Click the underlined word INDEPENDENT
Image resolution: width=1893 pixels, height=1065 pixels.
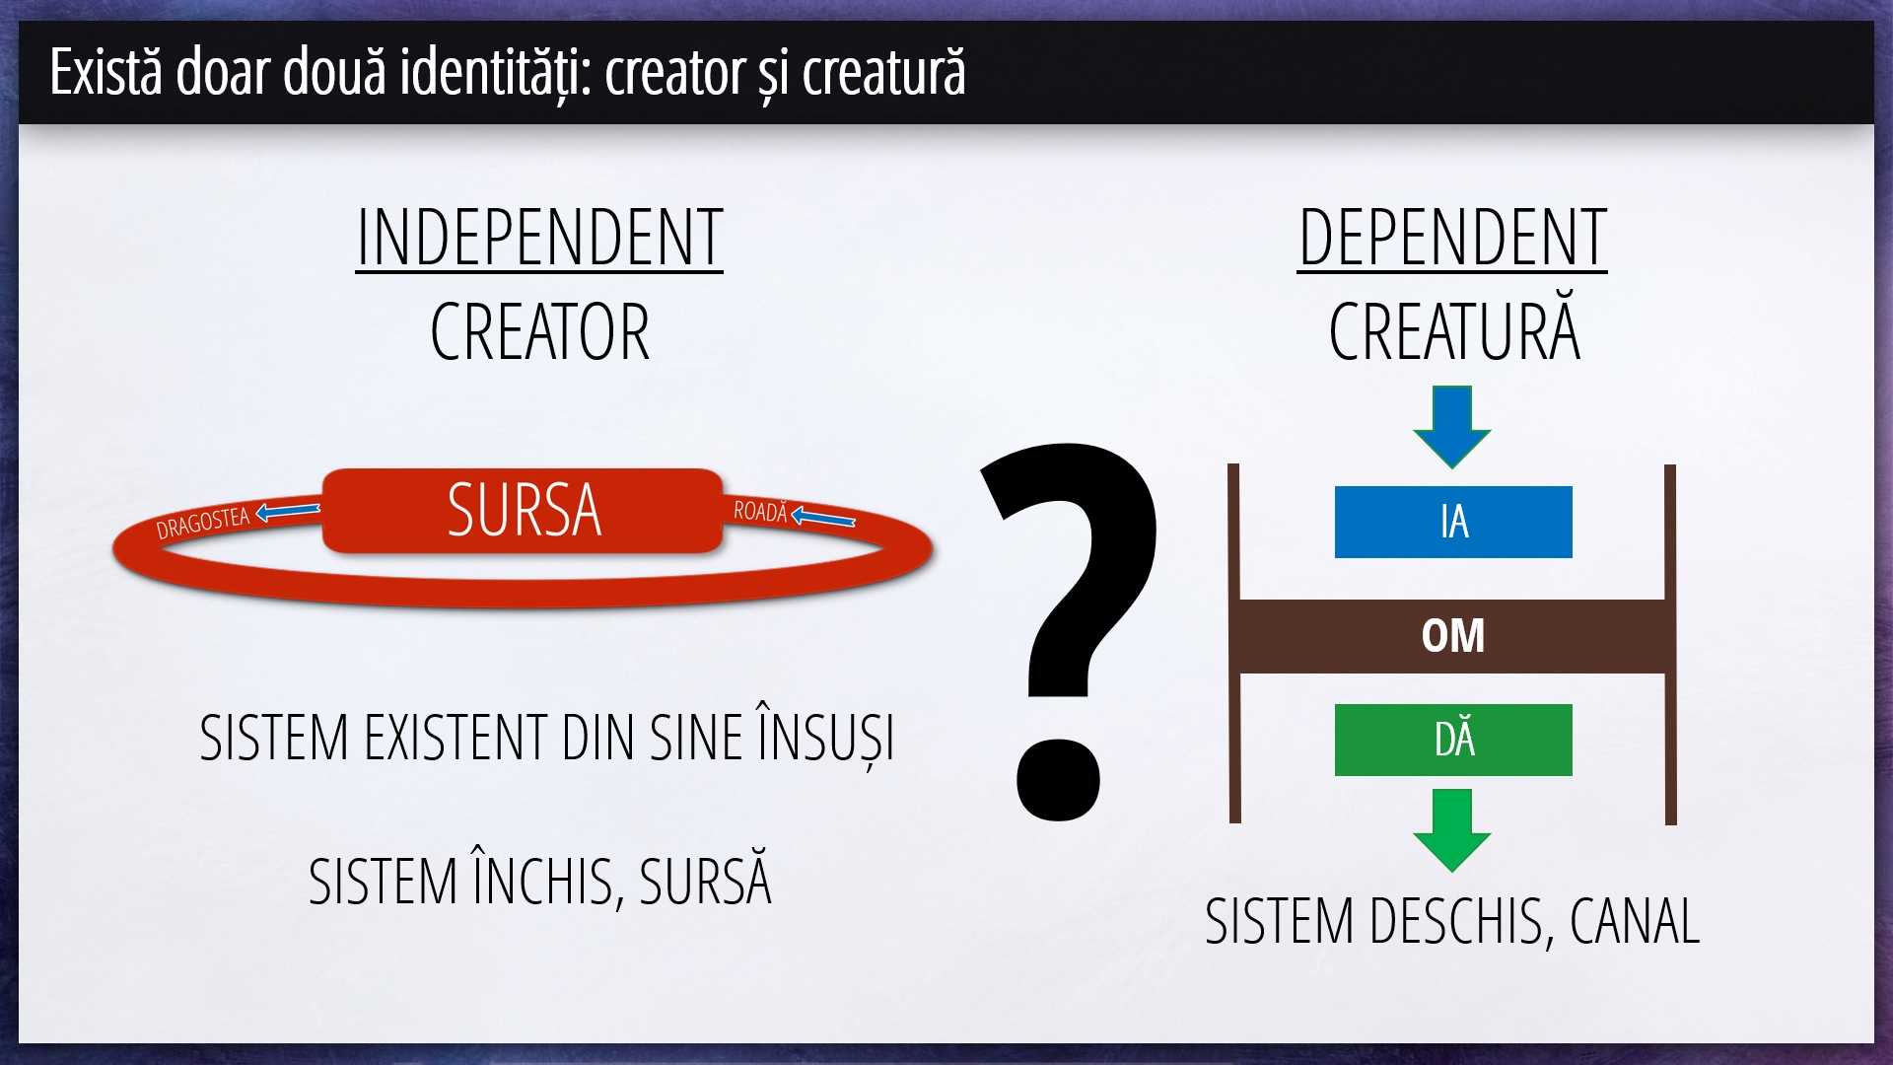[x=539, y=239]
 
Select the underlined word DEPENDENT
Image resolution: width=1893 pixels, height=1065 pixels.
[x=1452, y=239]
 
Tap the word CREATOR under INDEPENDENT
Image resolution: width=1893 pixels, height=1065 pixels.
[x=540, y=332]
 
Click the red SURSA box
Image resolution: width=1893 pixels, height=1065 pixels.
[x=524, y=510]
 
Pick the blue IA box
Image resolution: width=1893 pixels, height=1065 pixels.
[x=1453, y=522]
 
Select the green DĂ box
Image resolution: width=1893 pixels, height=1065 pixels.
[x=1453, y=740]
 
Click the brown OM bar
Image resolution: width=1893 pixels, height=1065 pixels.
[x=1452, y=636]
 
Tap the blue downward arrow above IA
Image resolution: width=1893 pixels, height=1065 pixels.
[x=1452, y=426]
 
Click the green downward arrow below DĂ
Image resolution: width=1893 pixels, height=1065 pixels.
[x=1452, y=830]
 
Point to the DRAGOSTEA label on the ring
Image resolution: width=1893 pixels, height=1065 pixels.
[x=203, y=523]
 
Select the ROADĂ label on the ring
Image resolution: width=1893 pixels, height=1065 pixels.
[x=761, y=511]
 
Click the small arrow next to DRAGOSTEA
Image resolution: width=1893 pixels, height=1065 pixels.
[x=288, y=512]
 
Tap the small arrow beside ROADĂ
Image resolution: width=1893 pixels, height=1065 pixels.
[x=823, y=517]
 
